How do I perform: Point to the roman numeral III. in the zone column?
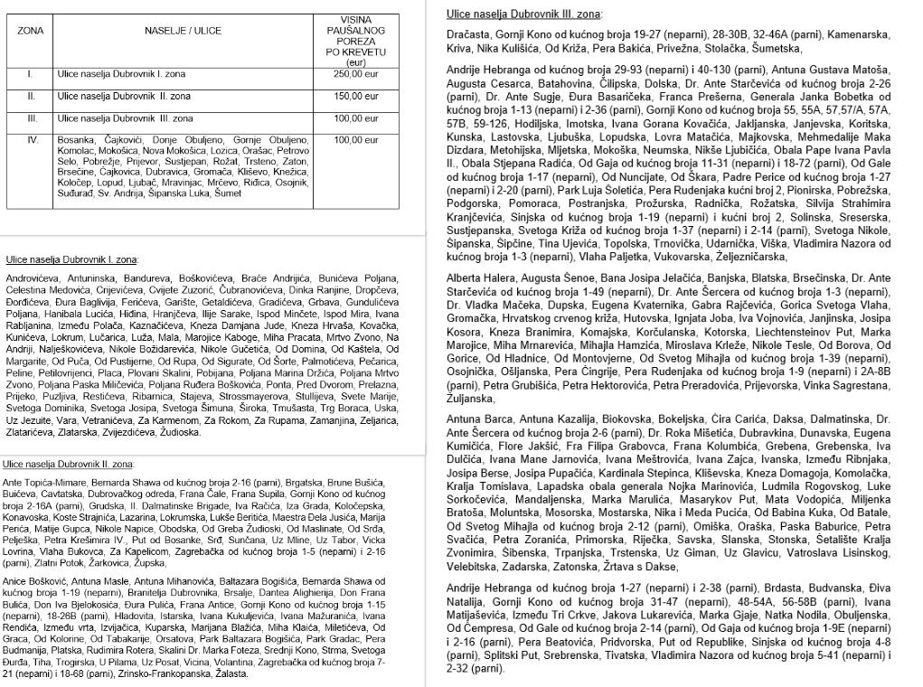click(32, 118)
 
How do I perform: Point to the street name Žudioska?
click(176, 433)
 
